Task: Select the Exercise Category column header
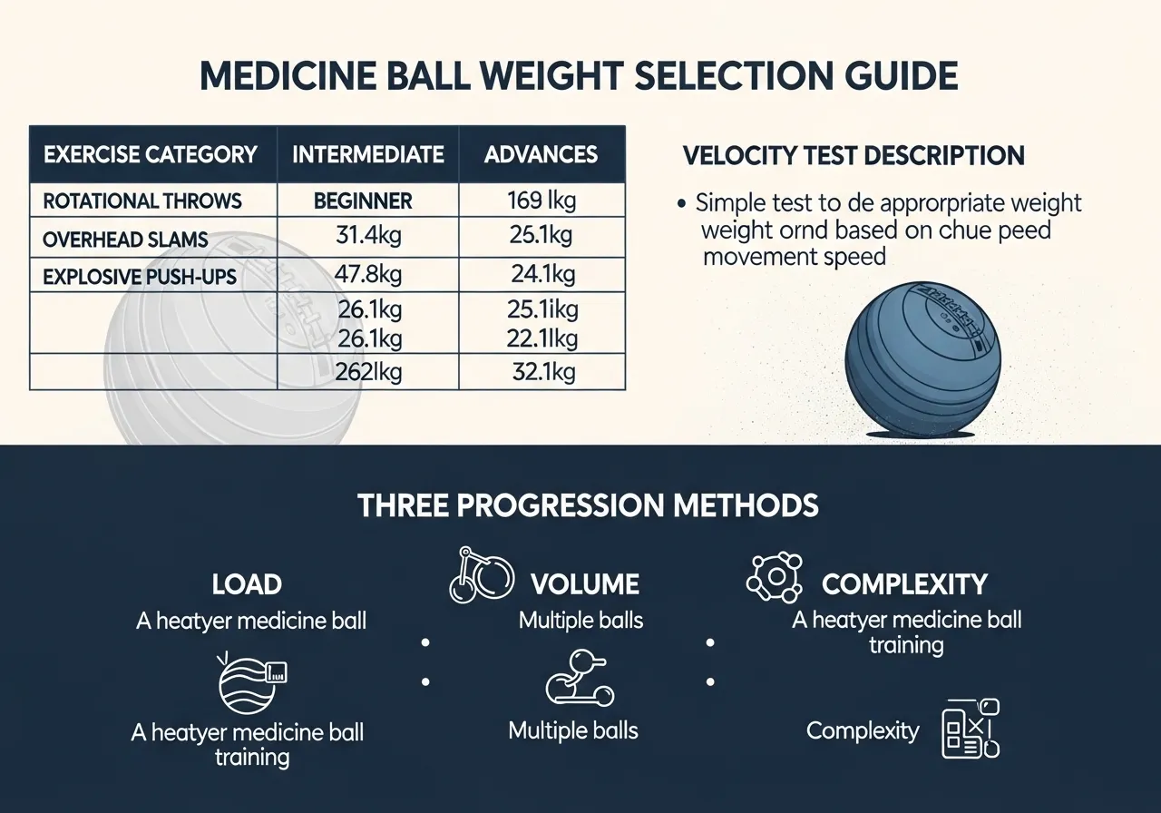coord(151,154)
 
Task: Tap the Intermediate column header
coord(368,154)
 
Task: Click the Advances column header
coord(541,154)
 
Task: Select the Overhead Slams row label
coord(125,240)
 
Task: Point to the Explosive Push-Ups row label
coord(141,276)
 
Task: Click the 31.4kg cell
coord(369,237)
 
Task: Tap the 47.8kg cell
coord(369,274)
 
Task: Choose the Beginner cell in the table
coord(363,201)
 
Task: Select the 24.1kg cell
coord(541,274)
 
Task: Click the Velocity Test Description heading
coord(854,155)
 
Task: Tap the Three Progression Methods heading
coord(589,505)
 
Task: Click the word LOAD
coord(247,584)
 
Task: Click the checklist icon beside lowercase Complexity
coord(970,728)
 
